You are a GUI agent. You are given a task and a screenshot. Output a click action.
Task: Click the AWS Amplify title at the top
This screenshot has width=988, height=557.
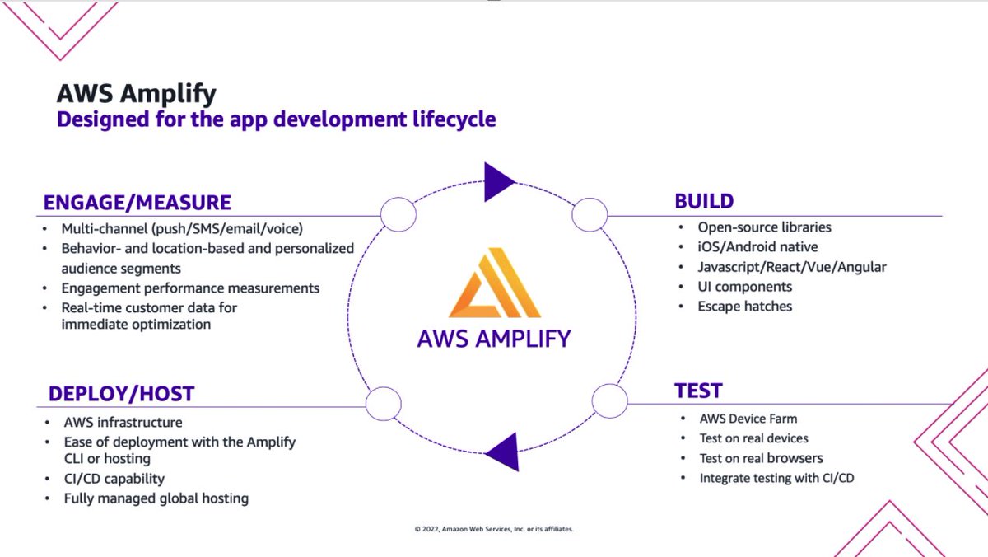[136, 93]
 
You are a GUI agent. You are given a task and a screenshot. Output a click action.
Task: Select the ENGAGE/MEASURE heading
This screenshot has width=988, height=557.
[137, 202]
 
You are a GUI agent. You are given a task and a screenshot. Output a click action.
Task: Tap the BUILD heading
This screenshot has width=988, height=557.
[704, 201]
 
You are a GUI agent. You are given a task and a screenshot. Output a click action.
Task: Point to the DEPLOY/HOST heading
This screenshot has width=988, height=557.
[121, 394]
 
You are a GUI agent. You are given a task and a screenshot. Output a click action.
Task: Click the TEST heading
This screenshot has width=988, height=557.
[698, 390]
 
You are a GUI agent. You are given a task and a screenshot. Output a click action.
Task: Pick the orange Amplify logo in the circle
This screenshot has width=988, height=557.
[494, 284]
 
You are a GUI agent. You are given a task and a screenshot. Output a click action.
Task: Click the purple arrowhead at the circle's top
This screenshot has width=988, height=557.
[498, 181]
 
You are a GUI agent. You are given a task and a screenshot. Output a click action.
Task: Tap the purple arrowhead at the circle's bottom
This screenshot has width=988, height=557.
[503, 452]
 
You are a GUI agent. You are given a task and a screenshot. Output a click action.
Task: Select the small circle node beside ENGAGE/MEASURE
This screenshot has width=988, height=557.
[398, 216]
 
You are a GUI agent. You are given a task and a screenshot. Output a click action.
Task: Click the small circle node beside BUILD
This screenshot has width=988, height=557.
[590, 216]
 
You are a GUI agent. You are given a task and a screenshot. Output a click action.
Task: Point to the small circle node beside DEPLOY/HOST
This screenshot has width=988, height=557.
[384, 404]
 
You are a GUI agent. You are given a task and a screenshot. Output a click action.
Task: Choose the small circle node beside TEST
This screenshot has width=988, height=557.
[610, 402]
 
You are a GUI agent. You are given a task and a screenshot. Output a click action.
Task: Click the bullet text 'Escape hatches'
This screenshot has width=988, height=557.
[744, 307]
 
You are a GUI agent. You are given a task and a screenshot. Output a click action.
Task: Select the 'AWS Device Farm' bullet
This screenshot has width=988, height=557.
[748, 419]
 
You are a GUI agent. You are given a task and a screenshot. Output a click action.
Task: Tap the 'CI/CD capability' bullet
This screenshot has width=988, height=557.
[114, 479]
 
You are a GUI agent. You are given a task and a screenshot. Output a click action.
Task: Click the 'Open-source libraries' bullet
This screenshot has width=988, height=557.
[764, 227]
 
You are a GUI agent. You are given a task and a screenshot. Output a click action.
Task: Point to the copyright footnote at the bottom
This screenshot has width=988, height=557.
[494, 529]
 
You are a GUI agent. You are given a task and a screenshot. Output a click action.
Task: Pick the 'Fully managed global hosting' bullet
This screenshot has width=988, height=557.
[156, 498]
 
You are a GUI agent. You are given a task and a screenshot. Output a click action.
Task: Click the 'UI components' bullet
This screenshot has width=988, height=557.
[744, 287]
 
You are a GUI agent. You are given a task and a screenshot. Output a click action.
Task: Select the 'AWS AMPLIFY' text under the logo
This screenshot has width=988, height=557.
[494, 338]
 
